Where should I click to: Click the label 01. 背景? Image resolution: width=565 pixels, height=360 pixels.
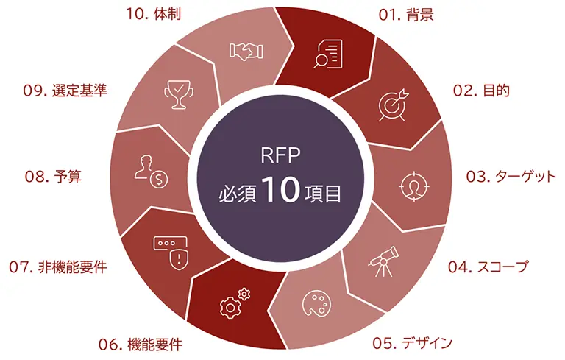coord(403,15)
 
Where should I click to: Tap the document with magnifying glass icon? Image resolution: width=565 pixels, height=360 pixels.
coord(329,53)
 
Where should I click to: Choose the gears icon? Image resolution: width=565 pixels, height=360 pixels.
coord(235,301)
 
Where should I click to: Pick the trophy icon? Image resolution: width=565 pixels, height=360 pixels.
coord(177,94)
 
